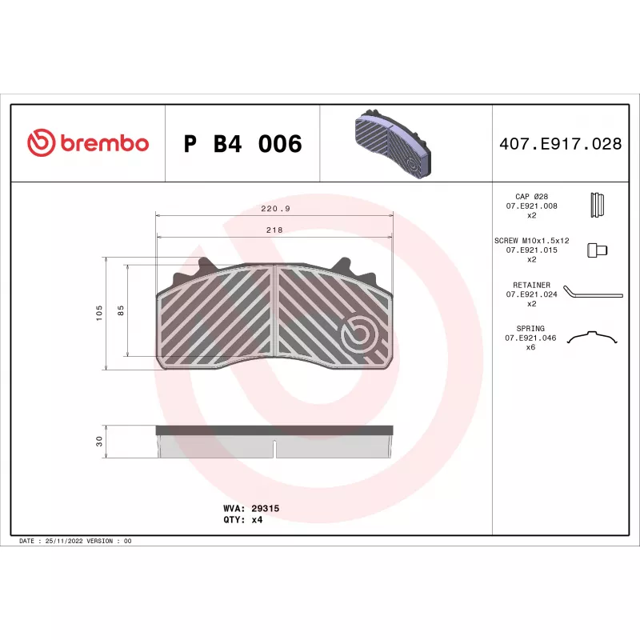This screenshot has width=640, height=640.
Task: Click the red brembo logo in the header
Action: (88, 143)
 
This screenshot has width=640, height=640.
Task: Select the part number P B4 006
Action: (243, 144)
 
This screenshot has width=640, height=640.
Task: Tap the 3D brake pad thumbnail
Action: (393, 143)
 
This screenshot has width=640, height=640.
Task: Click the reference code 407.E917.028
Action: (561, 144)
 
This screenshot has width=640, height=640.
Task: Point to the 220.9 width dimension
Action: (275, 209)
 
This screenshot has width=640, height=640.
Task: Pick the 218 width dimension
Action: (274, 230)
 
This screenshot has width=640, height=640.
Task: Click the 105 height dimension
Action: (99, 313)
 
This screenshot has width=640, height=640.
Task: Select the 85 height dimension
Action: (121, 310)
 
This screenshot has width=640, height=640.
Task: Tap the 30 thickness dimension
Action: (99, 442)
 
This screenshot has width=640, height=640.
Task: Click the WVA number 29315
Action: (266, 508)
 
